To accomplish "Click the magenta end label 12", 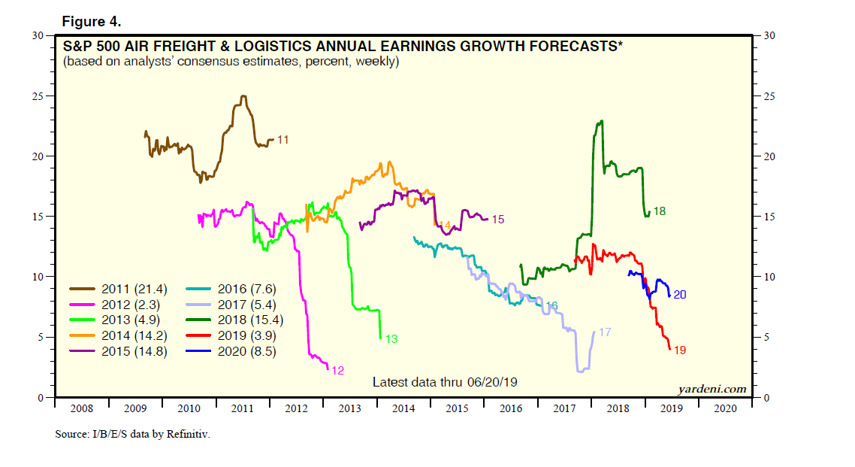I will (x=337, y=370).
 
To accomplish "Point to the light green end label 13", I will (x=391, y=339).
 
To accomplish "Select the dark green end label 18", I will (x=659, y=211).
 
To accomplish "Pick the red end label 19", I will (x=680, y=350).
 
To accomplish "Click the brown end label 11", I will (x=283, y=140).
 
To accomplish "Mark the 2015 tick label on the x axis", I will (x=457, y=408).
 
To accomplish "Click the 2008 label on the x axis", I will (x=82, y=408).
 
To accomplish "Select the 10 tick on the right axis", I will (x=768, y=277).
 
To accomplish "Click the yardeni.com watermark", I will (x=712, y=389).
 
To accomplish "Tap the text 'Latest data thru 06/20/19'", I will (x=445, y=382).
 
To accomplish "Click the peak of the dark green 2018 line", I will (x=601, y=121).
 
